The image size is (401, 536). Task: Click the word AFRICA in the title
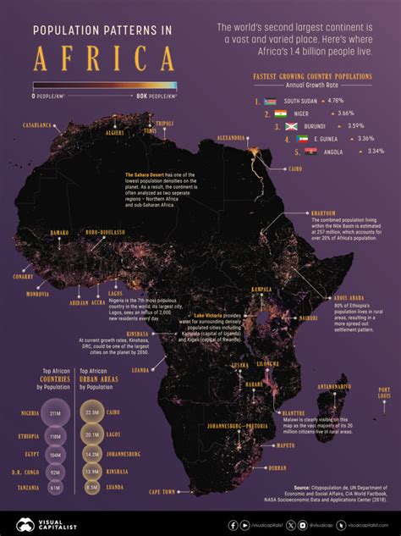click(103, 58)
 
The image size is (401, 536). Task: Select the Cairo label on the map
click(296, 169)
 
